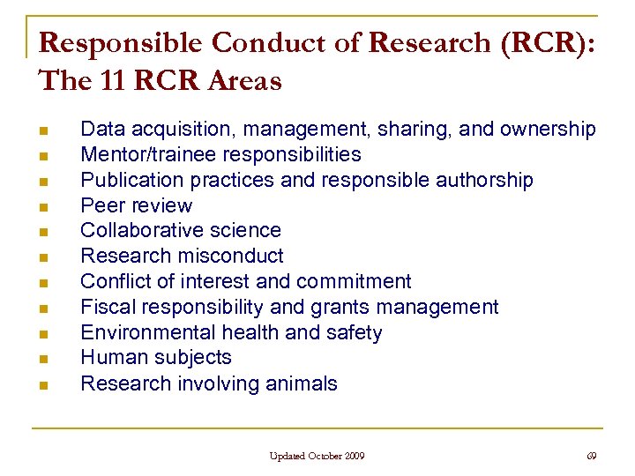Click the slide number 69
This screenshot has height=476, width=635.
(591, 456)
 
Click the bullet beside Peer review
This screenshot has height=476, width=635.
(43, 207)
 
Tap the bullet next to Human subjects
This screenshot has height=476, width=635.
(43, 360)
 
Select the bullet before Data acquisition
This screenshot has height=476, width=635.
(43, 130)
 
